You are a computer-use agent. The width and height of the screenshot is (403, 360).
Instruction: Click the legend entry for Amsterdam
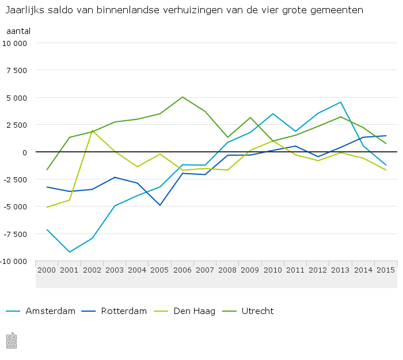[x=50, y=311]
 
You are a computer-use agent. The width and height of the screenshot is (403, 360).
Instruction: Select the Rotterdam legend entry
[x=123, y=311]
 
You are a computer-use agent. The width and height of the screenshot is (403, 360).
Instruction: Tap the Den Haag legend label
[x=194, y=311]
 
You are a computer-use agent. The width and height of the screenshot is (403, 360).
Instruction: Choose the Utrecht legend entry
[x=257, y=311]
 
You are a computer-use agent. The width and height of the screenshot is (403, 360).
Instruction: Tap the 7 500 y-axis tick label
[x=16, y=70]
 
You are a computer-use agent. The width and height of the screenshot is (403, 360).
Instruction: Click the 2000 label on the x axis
[x=47, y=270]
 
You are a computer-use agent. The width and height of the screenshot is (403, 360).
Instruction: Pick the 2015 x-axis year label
[x=385, y=270]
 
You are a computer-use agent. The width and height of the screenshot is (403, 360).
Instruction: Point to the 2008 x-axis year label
[x=227, y=270]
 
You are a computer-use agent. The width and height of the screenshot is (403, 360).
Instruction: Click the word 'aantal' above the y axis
[x=18, y=30]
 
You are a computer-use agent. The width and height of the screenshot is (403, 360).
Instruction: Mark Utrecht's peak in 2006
[x=183, y=97]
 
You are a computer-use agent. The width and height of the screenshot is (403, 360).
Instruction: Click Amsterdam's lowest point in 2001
[x=70, y=252]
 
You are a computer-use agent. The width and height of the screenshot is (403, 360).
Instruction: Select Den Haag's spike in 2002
[x=92, y=131]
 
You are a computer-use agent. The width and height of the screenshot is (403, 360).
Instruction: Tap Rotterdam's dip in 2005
[x=160, y=205]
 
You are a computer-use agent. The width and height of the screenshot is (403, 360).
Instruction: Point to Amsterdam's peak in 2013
[x=341, y=102]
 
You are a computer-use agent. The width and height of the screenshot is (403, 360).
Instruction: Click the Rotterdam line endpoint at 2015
[x=386, y=136]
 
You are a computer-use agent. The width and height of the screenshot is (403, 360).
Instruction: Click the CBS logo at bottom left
[x=11, y=340]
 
